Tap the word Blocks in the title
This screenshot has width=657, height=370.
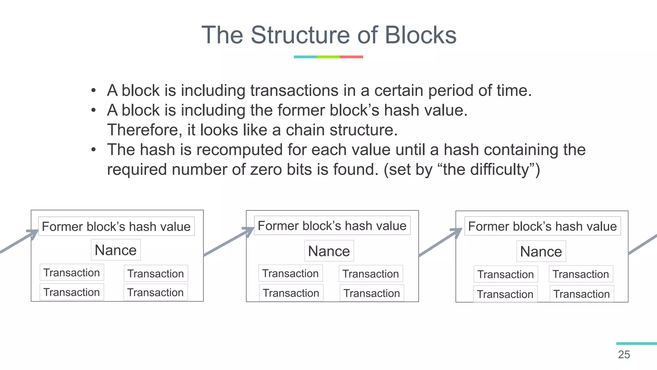(420, 35)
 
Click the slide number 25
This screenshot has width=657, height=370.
(624, 355)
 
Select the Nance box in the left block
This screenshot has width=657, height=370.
(116, 250)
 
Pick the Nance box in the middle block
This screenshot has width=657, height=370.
(329, 251)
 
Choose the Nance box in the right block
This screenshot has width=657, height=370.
(541, 251)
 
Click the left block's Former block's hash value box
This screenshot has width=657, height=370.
(116, 226)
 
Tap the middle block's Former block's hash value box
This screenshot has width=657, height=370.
(332, 225)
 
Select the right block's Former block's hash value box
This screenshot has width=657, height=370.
(542, 226)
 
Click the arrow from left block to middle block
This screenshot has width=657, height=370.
(228, 242)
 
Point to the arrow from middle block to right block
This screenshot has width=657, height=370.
(439, 243)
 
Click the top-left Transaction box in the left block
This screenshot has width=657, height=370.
(72, 272)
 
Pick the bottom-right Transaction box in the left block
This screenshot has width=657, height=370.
(156, 292)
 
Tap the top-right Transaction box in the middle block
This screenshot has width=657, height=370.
(371, 274)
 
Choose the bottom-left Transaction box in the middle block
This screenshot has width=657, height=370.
(291, 293)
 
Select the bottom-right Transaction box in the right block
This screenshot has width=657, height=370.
(582, 294)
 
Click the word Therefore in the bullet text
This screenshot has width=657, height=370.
(145, 130)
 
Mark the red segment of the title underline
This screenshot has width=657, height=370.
(351, 57)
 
